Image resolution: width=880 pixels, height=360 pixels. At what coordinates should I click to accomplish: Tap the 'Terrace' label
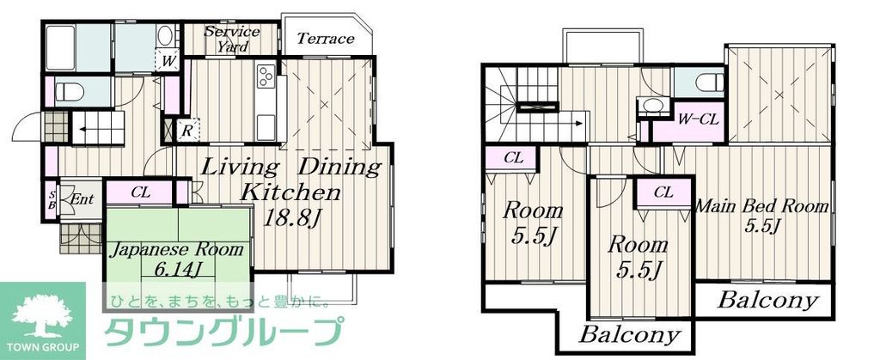click(325, 39)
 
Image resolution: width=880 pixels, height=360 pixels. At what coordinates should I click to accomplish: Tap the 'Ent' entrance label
click(82, 199)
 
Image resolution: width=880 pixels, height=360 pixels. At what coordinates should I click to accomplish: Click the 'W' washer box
click(168, 61)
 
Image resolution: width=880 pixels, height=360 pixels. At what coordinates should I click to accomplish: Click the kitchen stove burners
click(265, 80)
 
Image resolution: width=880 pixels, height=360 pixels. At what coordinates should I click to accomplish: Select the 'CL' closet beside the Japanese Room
click(139, 192)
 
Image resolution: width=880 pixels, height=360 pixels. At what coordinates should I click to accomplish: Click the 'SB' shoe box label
click(52, 199)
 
